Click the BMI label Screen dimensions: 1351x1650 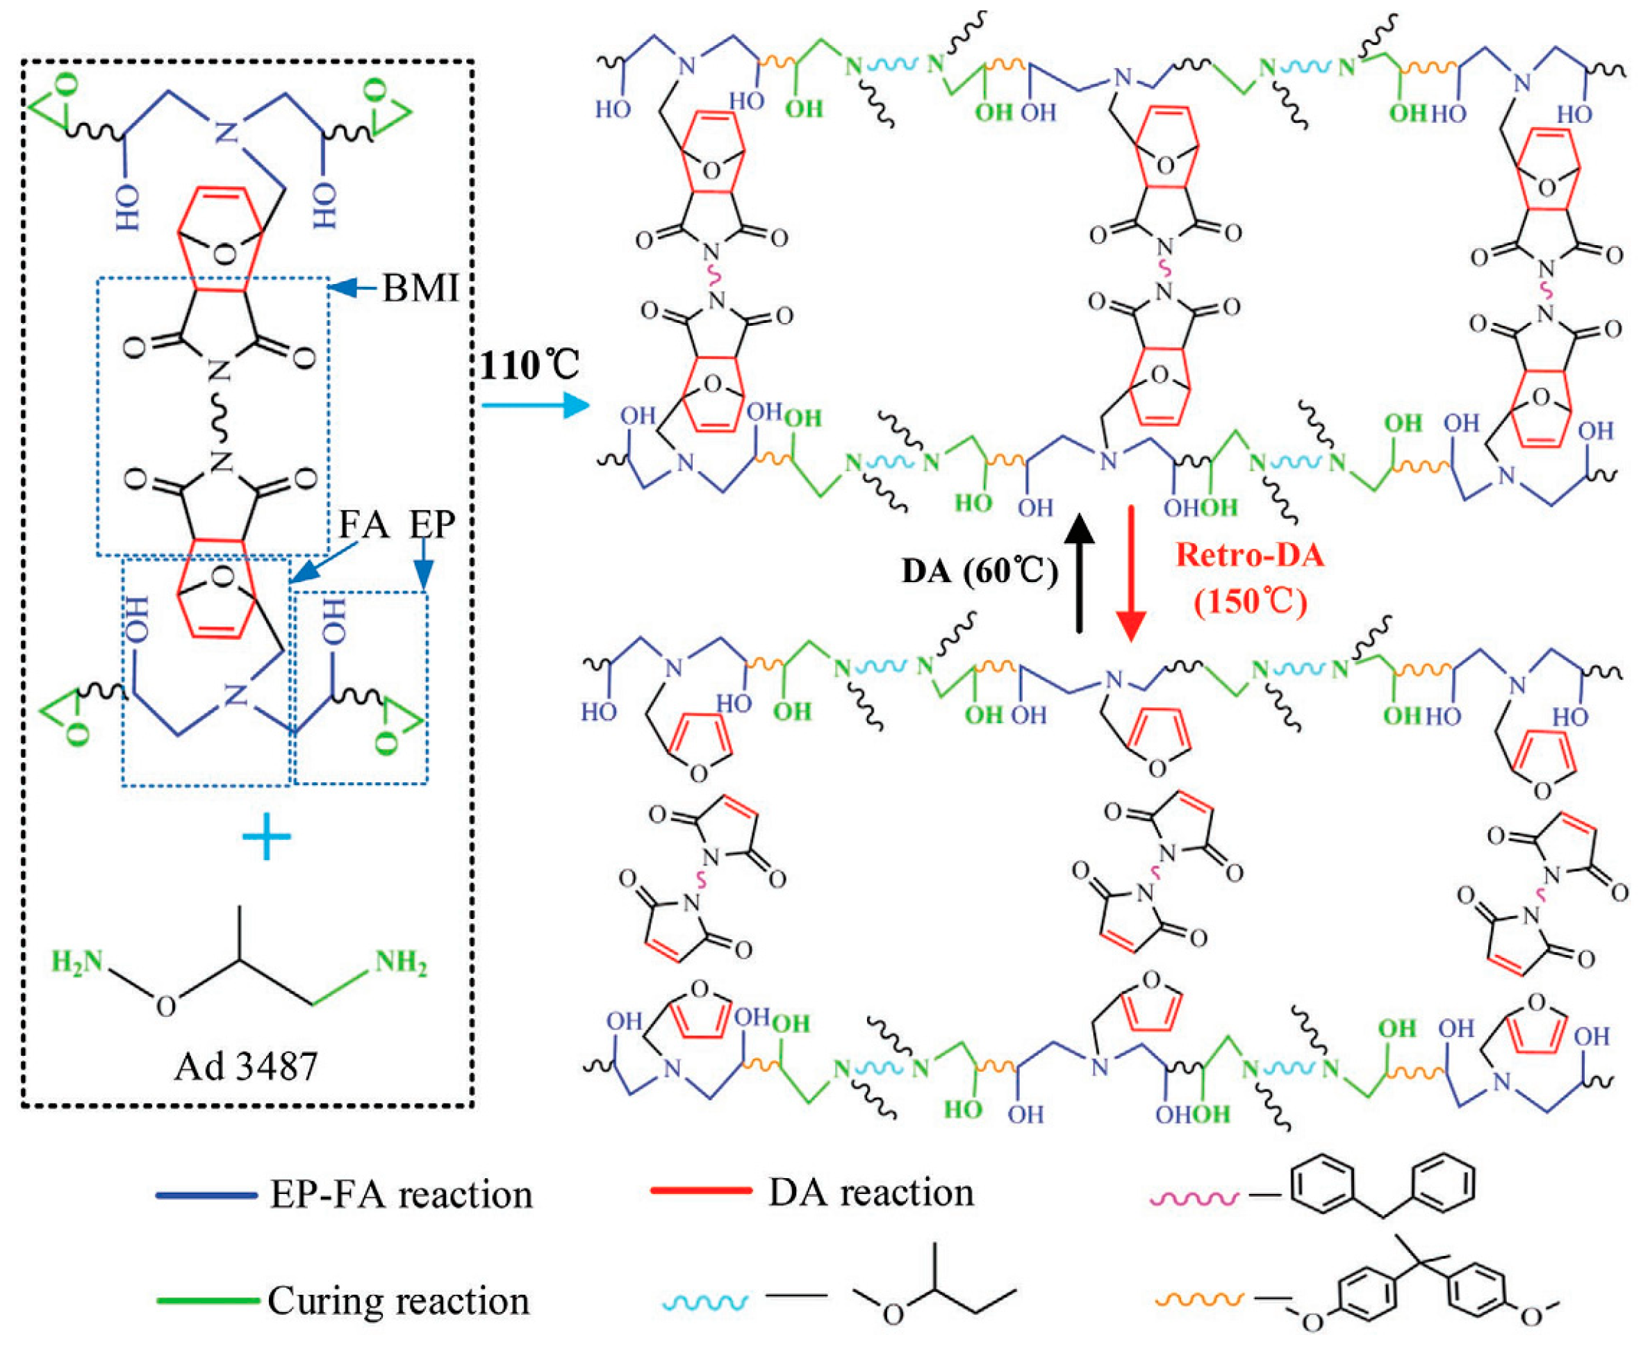point(420,289)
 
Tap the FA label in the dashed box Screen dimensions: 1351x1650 point(363,524)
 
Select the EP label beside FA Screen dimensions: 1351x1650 point(431,524)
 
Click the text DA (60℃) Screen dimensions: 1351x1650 point(980,572)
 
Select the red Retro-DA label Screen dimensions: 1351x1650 point(1249,555)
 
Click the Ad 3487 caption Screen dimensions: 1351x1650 point(246,1066)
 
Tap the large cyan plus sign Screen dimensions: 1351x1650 point(266,838)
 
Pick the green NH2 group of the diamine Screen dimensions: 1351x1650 point(402,963)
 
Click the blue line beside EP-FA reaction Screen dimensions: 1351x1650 point(206,1195)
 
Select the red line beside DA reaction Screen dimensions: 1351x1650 point(700,1191)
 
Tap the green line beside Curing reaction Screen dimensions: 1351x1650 point(206,1300)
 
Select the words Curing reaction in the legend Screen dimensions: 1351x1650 point(399,1300)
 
